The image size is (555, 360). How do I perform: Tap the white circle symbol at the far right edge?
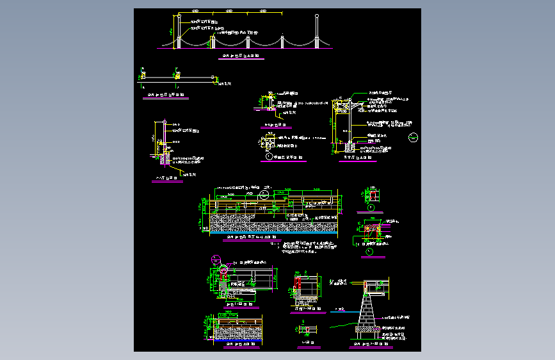pos(414,136)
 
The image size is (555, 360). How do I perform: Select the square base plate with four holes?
pos(268,139)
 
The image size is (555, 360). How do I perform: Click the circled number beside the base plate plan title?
pos(268,156)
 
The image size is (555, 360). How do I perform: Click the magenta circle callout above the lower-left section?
pos(216,259)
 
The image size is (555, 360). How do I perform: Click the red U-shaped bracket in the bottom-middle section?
pos(297,282)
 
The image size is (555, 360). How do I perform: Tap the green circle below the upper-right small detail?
pos(372,208)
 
